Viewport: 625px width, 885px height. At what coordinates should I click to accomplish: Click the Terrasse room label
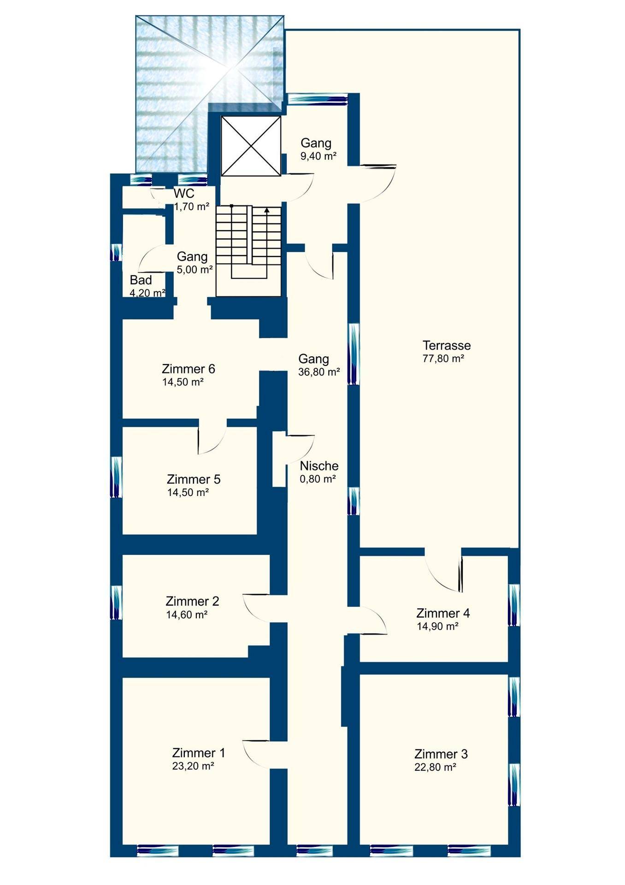tap(447, 345)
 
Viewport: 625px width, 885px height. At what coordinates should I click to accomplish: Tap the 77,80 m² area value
tap(443, 359)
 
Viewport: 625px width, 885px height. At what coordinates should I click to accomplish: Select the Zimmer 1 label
tap(199, 753)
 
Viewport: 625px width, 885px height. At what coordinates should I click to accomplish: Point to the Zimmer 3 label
tap(441, 754)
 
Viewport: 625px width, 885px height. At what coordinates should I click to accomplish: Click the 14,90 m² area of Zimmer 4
tap(437, 626)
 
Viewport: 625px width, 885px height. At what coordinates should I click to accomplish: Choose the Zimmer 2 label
tap(192, 601)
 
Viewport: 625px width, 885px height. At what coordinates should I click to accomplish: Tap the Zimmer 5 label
tap(194, 479)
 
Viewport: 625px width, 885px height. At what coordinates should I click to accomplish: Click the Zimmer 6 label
tap(189, 369)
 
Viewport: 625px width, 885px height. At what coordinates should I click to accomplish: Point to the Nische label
tap(319, 466)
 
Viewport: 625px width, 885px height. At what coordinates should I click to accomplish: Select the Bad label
tap(141, 280)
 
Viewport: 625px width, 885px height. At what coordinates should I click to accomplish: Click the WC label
tap(184, 194)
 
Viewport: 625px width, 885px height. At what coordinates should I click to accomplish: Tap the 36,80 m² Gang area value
tap(319, 372)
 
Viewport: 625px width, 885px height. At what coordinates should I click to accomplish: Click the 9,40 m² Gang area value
tap(318, 156)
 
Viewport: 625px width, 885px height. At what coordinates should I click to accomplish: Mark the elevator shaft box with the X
tap(251, 146)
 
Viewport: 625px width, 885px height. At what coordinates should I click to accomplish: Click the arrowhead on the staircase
tap(267, 210)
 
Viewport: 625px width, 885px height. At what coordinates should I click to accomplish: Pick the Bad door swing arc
tap(152, 258)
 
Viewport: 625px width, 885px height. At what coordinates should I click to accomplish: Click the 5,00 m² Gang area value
tap(195, 270)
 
